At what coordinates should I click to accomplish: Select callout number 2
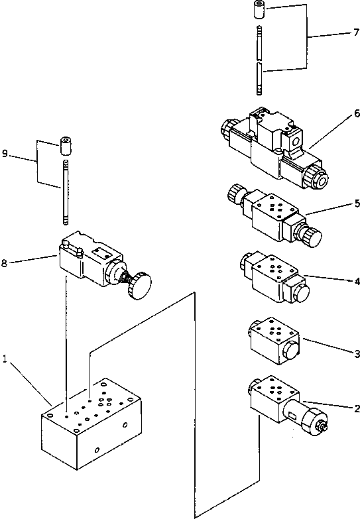coord(356,409)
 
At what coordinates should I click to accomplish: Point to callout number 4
coord(356,281)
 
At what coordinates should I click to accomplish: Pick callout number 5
coord(356,203)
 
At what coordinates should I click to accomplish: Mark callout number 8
coord(5,263)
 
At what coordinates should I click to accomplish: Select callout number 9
coord(5,154)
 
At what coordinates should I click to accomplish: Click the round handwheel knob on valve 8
coord(139,287)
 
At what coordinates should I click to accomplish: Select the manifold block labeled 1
coord(93,424)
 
